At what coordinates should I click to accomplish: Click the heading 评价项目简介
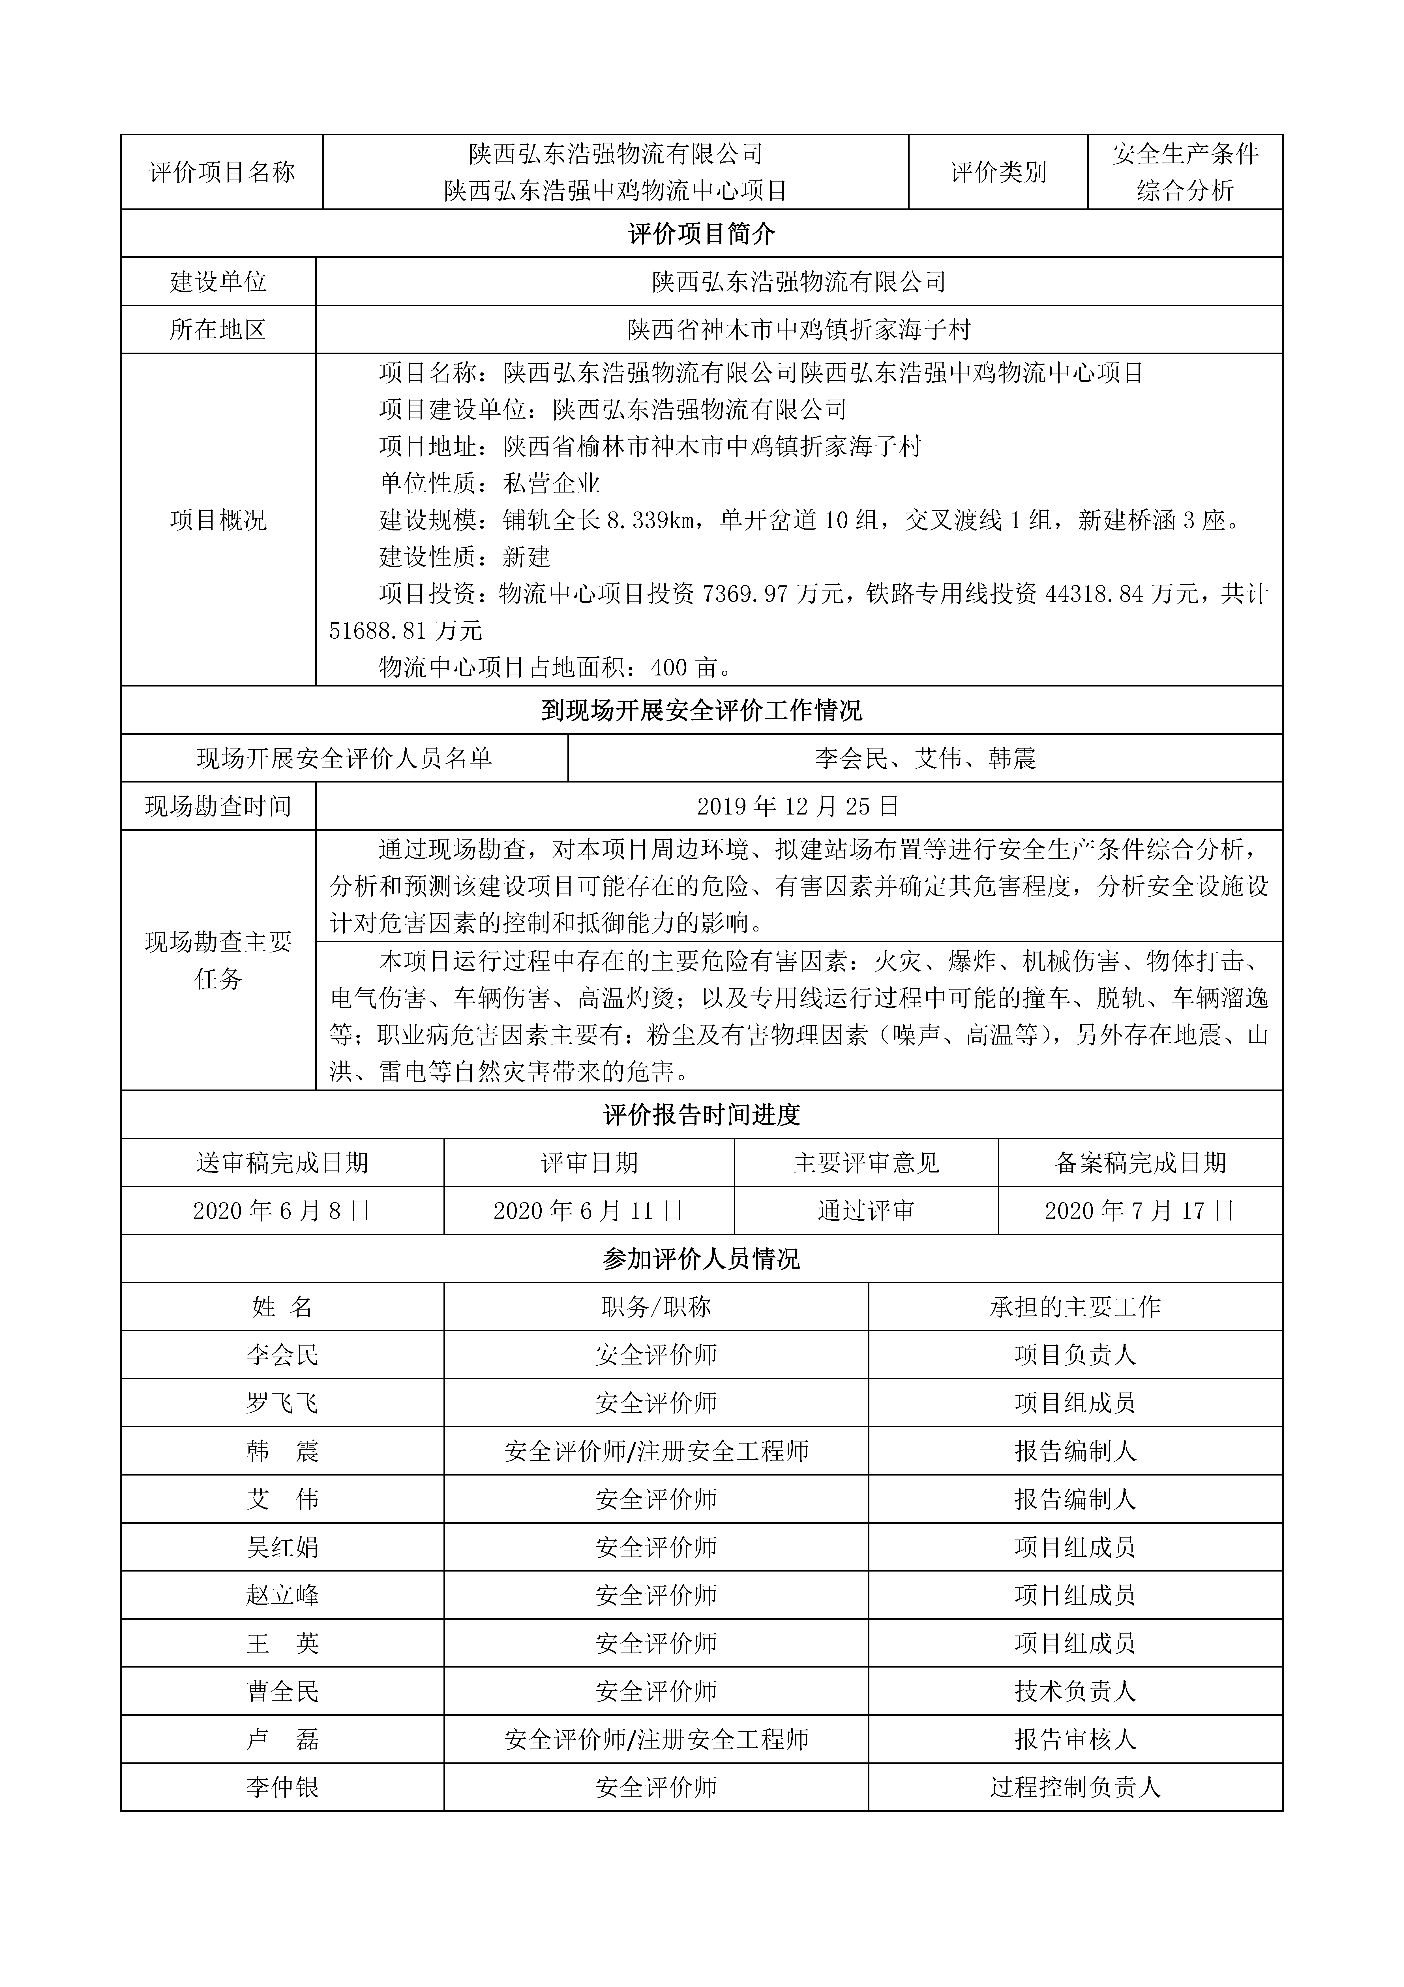coord(702,234)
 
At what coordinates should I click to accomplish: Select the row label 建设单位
coord(218,281)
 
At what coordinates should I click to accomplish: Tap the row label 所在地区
coord(218,330)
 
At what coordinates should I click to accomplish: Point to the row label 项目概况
coord(218,520)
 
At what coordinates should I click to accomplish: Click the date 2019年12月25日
coord(798,807)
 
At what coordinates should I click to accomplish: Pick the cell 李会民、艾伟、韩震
coord(925,759)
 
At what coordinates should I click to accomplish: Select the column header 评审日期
coord(589,1163)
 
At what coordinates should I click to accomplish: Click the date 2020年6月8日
coord(282,1211)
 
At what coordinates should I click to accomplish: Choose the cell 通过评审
coord(866,1211)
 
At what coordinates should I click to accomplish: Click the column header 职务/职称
coord(656,1307)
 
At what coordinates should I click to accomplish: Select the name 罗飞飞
coord(282,1403)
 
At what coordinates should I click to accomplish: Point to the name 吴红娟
coord(282,1547)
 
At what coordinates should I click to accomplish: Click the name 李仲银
coord(282,1787)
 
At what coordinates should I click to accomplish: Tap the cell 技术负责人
coord(1075,1691)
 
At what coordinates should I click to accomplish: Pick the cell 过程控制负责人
coord(1075,1787)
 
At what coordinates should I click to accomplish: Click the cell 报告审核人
coord(1075,1739)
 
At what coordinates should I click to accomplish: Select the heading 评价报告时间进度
coord(702,1115)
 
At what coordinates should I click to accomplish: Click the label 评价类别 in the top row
coord(998,172)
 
